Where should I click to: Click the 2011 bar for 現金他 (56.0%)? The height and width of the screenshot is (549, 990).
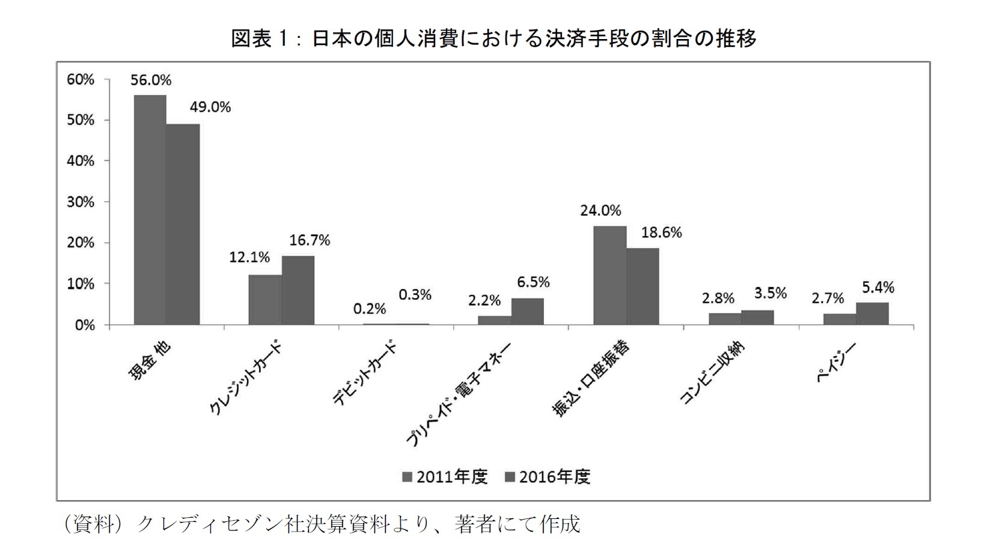point(150,210)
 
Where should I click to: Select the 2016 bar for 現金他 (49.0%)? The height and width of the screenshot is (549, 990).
point(183,225)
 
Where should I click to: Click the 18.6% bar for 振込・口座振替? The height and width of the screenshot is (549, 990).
point(643,287)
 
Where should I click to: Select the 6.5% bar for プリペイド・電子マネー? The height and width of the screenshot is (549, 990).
point(528,311)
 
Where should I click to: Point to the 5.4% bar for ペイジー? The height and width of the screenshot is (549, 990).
point(872,314)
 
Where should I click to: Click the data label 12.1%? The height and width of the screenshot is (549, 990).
point(249,258)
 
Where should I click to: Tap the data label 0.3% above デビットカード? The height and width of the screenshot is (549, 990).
point(415,295)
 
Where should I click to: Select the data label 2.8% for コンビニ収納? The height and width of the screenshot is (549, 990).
point(718,298)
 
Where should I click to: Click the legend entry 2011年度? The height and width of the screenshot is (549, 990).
point(444,477)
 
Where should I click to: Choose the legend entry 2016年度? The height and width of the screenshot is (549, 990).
point(548,477)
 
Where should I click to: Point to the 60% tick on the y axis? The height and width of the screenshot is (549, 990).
point(81,79)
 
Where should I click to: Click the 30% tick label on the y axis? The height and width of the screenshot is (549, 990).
point(81,202)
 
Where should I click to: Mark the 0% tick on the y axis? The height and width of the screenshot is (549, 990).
point(84,325)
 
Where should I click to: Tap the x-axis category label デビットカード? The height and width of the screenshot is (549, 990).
point(365,374)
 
